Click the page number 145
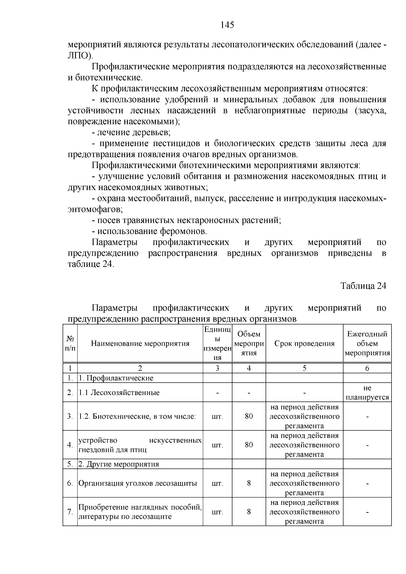click(x=227, y=25)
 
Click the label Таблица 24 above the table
click(x=363, y=285)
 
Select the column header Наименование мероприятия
click(x=140, y=344)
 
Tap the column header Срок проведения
click(x=304, y=344)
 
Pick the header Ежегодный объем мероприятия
click(x=367, y=344)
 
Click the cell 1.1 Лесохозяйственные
click(x=119, y=393)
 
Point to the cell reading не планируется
click(x=367, y=393)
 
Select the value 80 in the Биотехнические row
click(x=249, y=416)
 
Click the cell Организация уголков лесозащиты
click(x=138, y=483)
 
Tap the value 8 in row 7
click(x=249, y=511)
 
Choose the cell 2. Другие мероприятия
click(x=119, y=464)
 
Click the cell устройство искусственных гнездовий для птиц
click(x=140, y=445)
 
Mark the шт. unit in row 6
click(x=217, y=483)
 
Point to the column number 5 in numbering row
click(x=304, y=368)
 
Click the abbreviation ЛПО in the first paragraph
click(x=80, y=56)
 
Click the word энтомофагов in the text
click(x=95, y=209)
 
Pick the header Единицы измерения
click(x=217, y=344)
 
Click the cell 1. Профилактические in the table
click(x=116, y=378)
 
